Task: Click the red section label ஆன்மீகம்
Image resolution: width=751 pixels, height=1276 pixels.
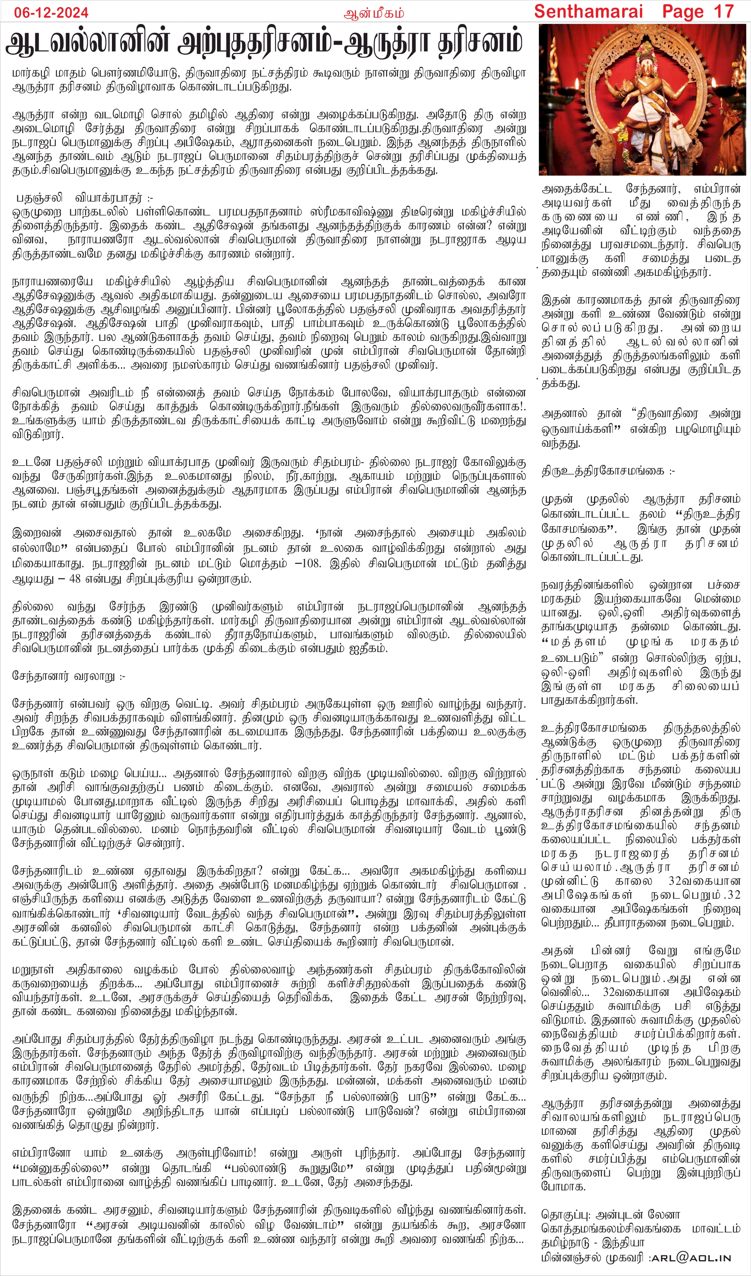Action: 374,14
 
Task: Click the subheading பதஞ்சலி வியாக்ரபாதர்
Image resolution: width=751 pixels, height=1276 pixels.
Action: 84,198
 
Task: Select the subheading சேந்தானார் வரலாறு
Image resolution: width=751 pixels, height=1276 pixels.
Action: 69,676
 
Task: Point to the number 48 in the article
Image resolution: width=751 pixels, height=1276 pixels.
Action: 74,578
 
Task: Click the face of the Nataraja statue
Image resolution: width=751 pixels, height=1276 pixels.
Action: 646,70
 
